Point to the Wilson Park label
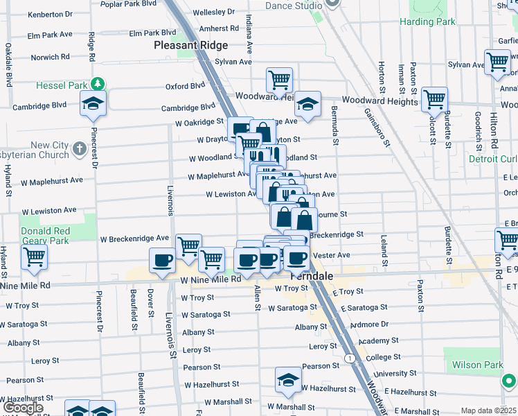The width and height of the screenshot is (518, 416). click(x=478, y=365)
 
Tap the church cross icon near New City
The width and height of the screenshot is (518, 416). click(x=80, y=148)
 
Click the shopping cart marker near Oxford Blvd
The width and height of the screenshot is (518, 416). click(x=279, y=79)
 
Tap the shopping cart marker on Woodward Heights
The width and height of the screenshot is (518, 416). click(x=434, y=98)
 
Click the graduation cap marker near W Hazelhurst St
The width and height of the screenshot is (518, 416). click(x=288, y=379)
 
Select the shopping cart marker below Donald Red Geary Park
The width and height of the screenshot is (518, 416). click(x=34, y=257)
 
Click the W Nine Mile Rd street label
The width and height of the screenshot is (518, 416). click(x=211, y=279)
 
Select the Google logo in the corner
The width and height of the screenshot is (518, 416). click(x=23, y=408)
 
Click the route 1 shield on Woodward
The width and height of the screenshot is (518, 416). click(x=351, y=358)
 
